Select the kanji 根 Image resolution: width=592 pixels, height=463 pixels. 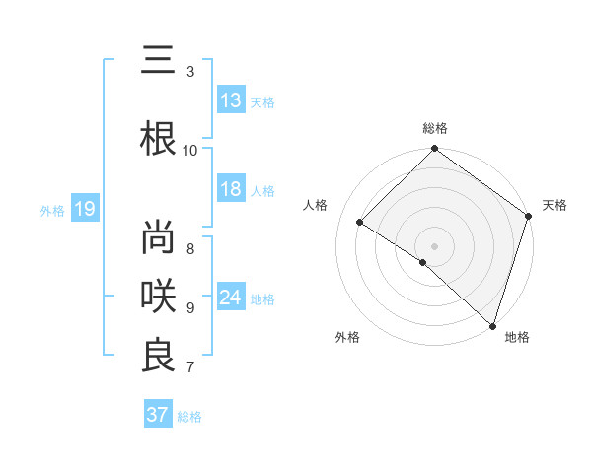coord(158,138)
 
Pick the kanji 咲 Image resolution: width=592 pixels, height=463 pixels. coord(158,295)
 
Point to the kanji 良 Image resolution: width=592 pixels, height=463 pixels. coord(158,356)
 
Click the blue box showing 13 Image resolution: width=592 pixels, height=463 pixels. coord(231,99)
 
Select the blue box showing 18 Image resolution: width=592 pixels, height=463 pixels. coord(231,189)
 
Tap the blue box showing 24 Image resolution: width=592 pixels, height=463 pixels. coord(231,298)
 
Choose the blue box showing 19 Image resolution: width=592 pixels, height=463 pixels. coord(84,209)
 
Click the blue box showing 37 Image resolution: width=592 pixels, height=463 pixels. coord(158,415)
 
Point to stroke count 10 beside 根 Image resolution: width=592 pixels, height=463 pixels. coord(190,150)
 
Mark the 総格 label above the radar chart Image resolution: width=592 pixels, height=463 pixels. coord(435,128)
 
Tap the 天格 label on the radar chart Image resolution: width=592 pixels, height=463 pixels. coord(555,205)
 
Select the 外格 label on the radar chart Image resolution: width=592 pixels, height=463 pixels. coord(347,337)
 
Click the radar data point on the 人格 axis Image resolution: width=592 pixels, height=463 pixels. coord(360,223)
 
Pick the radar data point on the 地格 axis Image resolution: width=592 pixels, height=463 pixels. coord(492,324)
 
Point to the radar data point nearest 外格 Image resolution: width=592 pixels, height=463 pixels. coord(422,262)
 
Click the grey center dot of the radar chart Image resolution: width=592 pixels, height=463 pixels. coord(434,245)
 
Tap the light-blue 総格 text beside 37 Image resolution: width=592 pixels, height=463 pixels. coord(190,417)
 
